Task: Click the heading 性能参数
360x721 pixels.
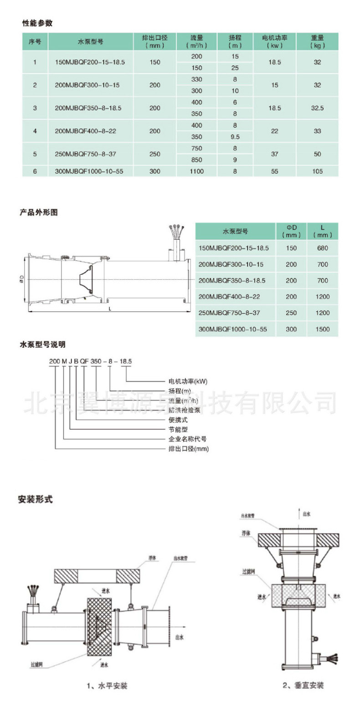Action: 37,23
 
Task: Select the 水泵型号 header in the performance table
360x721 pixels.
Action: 90,41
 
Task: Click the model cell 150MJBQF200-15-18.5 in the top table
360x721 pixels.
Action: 90,62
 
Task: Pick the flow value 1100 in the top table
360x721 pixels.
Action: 197,171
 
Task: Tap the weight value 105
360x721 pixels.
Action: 317,171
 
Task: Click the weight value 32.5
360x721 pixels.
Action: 317,108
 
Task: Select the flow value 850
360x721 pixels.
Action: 197,160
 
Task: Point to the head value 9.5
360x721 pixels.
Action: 235,137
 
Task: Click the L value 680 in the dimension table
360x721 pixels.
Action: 322,248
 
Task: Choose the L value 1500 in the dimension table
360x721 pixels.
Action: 322,329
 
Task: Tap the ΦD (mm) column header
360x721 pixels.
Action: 291,231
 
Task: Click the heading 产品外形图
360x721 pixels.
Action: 39,212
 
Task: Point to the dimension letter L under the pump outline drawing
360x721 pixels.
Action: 109,309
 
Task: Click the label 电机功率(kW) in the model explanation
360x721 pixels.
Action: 188,381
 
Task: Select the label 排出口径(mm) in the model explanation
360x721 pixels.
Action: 189,449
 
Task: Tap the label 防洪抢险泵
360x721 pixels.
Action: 185,410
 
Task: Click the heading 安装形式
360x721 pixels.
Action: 36,500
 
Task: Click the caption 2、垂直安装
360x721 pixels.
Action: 303,685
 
